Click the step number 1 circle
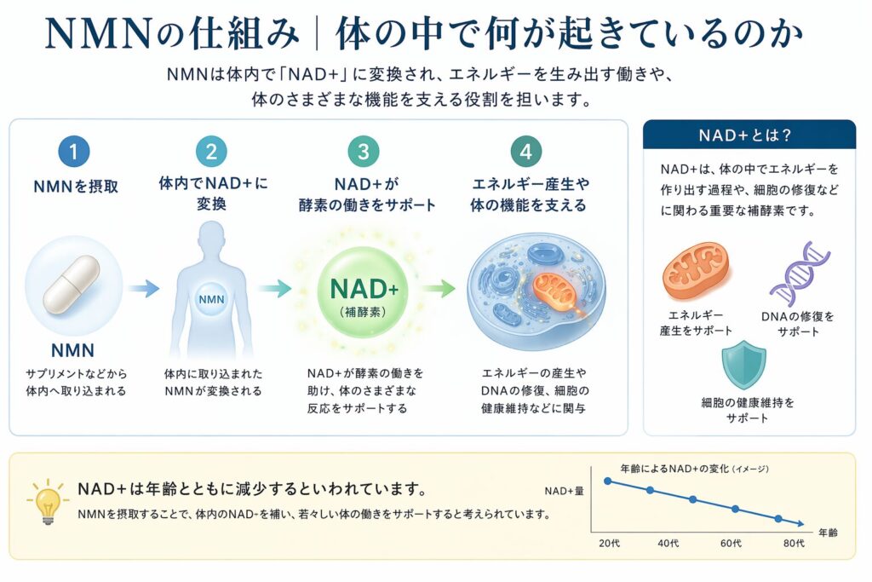coord(74,153)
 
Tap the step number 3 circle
coord(364,153)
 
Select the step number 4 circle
coord(526,153)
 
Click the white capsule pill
coord(73,286)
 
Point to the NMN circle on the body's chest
coord(210,299)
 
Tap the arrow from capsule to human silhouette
coord(144,289)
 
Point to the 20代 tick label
coord(609,544)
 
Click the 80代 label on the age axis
coord(794,544)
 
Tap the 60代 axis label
coord(731,544)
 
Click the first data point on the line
coord(608,481)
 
